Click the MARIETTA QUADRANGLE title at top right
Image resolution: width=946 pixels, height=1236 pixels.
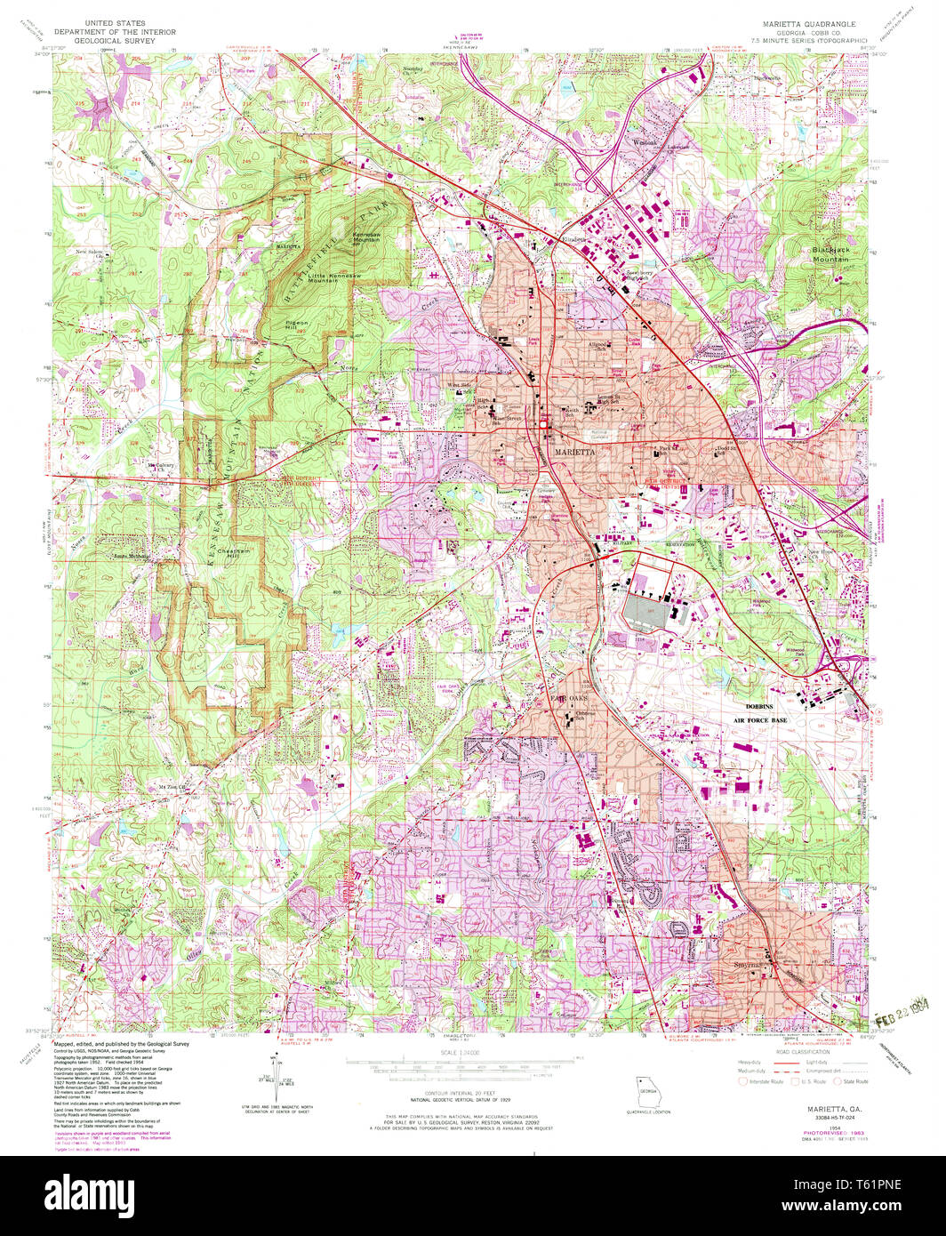[805, 24]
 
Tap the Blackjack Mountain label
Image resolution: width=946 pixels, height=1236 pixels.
[834, 253]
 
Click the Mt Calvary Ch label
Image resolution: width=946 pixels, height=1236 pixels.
[163, 466]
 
